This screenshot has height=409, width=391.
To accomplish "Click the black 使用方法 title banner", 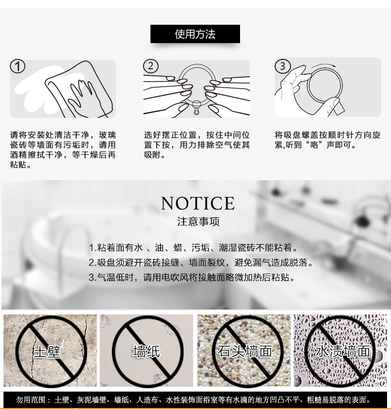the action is click(195, 34).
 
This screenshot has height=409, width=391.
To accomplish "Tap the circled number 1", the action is click(17, 66).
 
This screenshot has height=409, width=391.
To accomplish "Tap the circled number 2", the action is click(150, 66).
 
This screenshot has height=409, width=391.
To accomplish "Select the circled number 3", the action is click(283, 66).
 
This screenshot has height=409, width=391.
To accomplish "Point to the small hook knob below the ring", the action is click(196, 108).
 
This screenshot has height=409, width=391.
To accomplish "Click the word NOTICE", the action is click(198, 203).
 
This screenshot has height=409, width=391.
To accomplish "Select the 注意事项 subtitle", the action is click(198, 221).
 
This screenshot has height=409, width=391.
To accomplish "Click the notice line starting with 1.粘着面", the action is click(194, 248).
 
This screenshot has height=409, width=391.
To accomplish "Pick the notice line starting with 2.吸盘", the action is click(201, 262).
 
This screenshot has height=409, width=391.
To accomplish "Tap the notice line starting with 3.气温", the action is click(192, 277).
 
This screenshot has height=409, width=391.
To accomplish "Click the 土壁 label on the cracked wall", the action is click(47, 351).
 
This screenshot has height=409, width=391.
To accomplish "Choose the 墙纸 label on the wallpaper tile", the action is click(146, 351).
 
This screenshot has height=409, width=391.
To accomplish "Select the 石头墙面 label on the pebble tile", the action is click(245, 351).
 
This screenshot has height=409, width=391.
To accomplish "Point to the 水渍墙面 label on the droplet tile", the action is click(342, 351).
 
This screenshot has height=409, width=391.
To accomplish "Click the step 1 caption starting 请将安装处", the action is click(63, 150).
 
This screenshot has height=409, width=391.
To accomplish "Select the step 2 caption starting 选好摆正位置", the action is click(197, 145).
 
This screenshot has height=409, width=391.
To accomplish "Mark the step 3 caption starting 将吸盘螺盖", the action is click(328, 140).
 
